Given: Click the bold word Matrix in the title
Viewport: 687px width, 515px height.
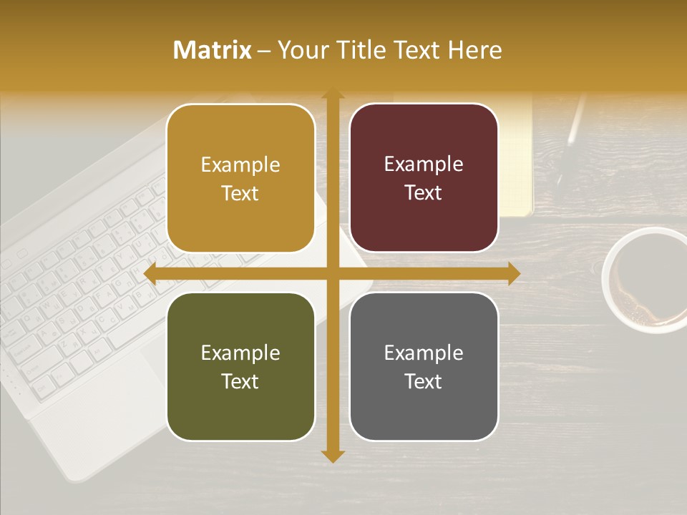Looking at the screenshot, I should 213,50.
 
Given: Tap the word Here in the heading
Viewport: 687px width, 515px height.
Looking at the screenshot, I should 474,50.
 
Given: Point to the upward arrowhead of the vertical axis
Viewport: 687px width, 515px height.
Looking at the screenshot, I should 332,95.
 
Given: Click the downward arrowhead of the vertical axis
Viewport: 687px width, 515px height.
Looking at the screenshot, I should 332,456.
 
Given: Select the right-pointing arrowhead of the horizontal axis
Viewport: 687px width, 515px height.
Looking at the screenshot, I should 513,274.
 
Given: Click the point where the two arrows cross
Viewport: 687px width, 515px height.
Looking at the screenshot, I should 332,274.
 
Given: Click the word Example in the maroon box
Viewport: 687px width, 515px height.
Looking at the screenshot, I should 424,164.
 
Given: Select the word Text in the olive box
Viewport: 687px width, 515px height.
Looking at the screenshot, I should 240,381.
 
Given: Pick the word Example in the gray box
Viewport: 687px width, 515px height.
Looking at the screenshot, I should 424,353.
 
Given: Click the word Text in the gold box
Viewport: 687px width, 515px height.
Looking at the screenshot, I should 240,193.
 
